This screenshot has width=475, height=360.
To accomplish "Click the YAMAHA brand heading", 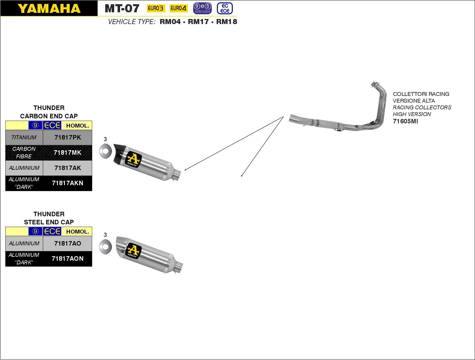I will click(49, 9).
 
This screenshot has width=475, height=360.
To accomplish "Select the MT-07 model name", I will click(122, 9).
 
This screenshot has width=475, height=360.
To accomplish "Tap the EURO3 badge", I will click(156, 8).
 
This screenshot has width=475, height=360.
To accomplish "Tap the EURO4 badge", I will click(178, 8).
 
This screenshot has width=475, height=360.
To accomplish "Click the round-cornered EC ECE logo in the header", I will click(225, 8).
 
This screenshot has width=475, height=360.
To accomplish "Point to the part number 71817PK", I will click(68, 137).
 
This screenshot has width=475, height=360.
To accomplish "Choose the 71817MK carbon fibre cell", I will click(67, 152).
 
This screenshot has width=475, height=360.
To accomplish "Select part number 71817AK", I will click(68, 168).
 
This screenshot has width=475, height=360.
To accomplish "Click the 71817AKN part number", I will click(67, 183).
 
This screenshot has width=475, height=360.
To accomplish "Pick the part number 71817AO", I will click(68, 243).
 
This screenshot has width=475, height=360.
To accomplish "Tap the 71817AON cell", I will click(67, 258).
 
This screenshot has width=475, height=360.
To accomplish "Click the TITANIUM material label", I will click(24, 137).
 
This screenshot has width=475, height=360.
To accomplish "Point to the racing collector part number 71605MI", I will click(405, 121).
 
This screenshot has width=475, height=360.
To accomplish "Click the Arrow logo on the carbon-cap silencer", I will click(133, 160).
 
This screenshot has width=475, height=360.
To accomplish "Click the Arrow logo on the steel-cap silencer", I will click(133, 251).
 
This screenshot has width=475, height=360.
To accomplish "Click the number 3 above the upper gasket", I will click(105, 139).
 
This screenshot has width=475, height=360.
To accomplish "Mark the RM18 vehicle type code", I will click(227, 22).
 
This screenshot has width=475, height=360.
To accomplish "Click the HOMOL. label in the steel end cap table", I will click(78, 232).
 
